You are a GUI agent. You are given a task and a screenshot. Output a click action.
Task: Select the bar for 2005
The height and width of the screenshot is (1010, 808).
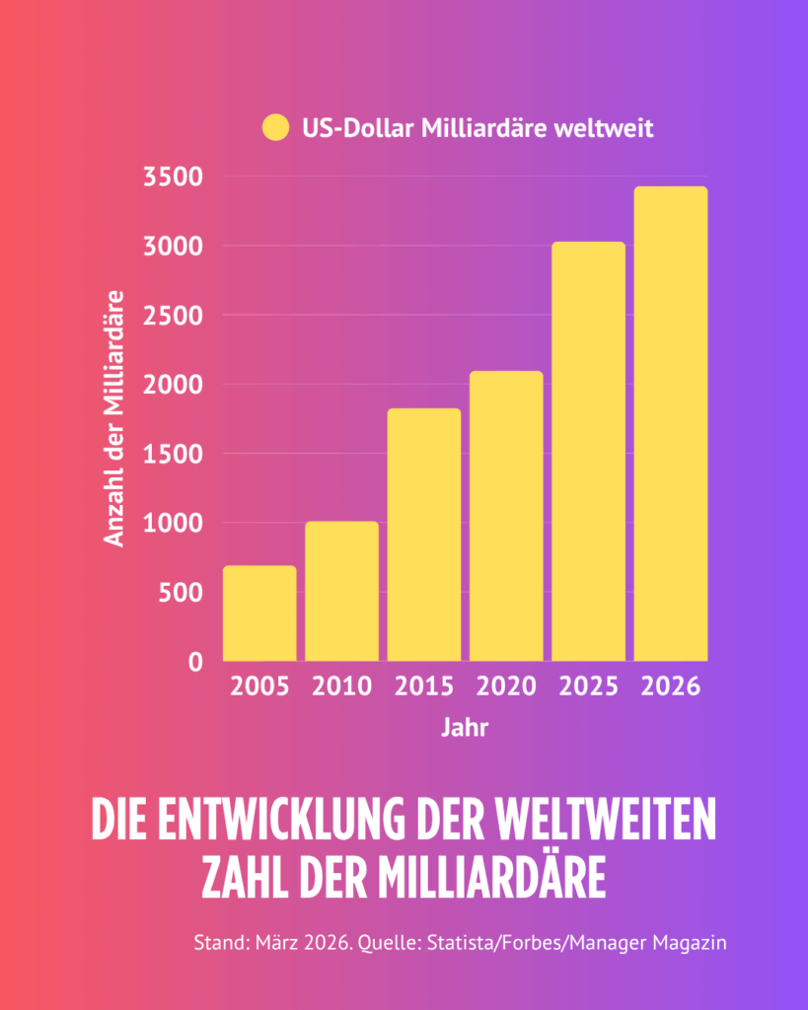[259, 613]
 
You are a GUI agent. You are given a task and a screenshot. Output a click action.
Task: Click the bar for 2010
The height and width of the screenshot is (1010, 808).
[341, 591]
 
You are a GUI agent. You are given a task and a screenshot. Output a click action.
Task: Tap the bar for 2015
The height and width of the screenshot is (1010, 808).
[424, 535]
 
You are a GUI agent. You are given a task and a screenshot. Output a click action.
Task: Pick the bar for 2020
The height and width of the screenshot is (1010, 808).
[506, 516]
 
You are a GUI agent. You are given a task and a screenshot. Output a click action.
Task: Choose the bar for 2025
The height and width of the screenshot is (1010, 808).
[588, 451]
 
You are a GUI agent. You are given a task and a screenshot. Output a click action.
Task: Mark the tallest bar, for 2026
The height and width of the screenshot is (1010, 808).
[671, 423]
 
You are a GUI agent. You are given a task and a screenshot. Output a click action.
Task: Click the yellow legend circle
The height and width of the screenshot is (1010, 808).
[275, 128]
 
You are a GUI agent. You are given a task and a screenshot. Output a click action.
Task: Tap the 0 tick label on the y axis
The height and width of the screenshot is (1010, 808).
[196, 662]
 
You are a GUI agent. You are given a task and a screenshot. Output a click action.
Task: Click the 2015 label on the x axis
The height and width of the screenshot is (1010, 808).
[424, 686]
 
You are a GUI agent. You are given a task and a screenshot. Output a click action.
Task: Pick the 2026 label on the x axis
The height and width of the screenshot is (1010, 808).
[671, 686]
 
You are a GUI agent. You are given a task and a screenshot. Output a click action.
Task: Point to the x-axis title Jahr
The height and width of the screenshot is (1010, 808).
[464, 730]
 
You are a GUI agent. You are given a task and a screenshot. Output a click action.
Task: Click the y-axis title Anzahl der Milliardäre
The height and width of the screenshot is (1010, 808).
[115, 418]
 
